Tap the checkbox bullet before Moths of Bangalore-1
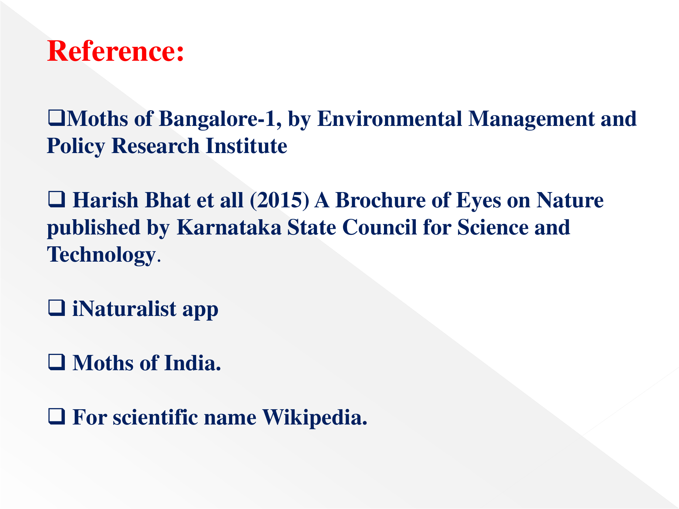[56, 118]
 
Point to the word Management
[531, 119]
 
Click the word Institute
[246, 146]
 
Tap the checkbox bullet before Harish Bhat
[56, 200]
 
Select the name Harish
[106, 200]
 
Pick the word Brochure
[380, 200]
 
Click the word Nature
[570, 200]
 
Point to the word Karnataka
[229, 227]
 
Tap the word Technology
[101, 255]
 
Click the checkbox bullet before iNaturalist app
[56, 308]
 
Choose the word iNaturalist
[124, 309]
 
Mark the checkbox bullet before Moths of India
[56, 362]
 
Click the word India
[193, 363]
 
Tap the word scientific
[155, 417]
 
